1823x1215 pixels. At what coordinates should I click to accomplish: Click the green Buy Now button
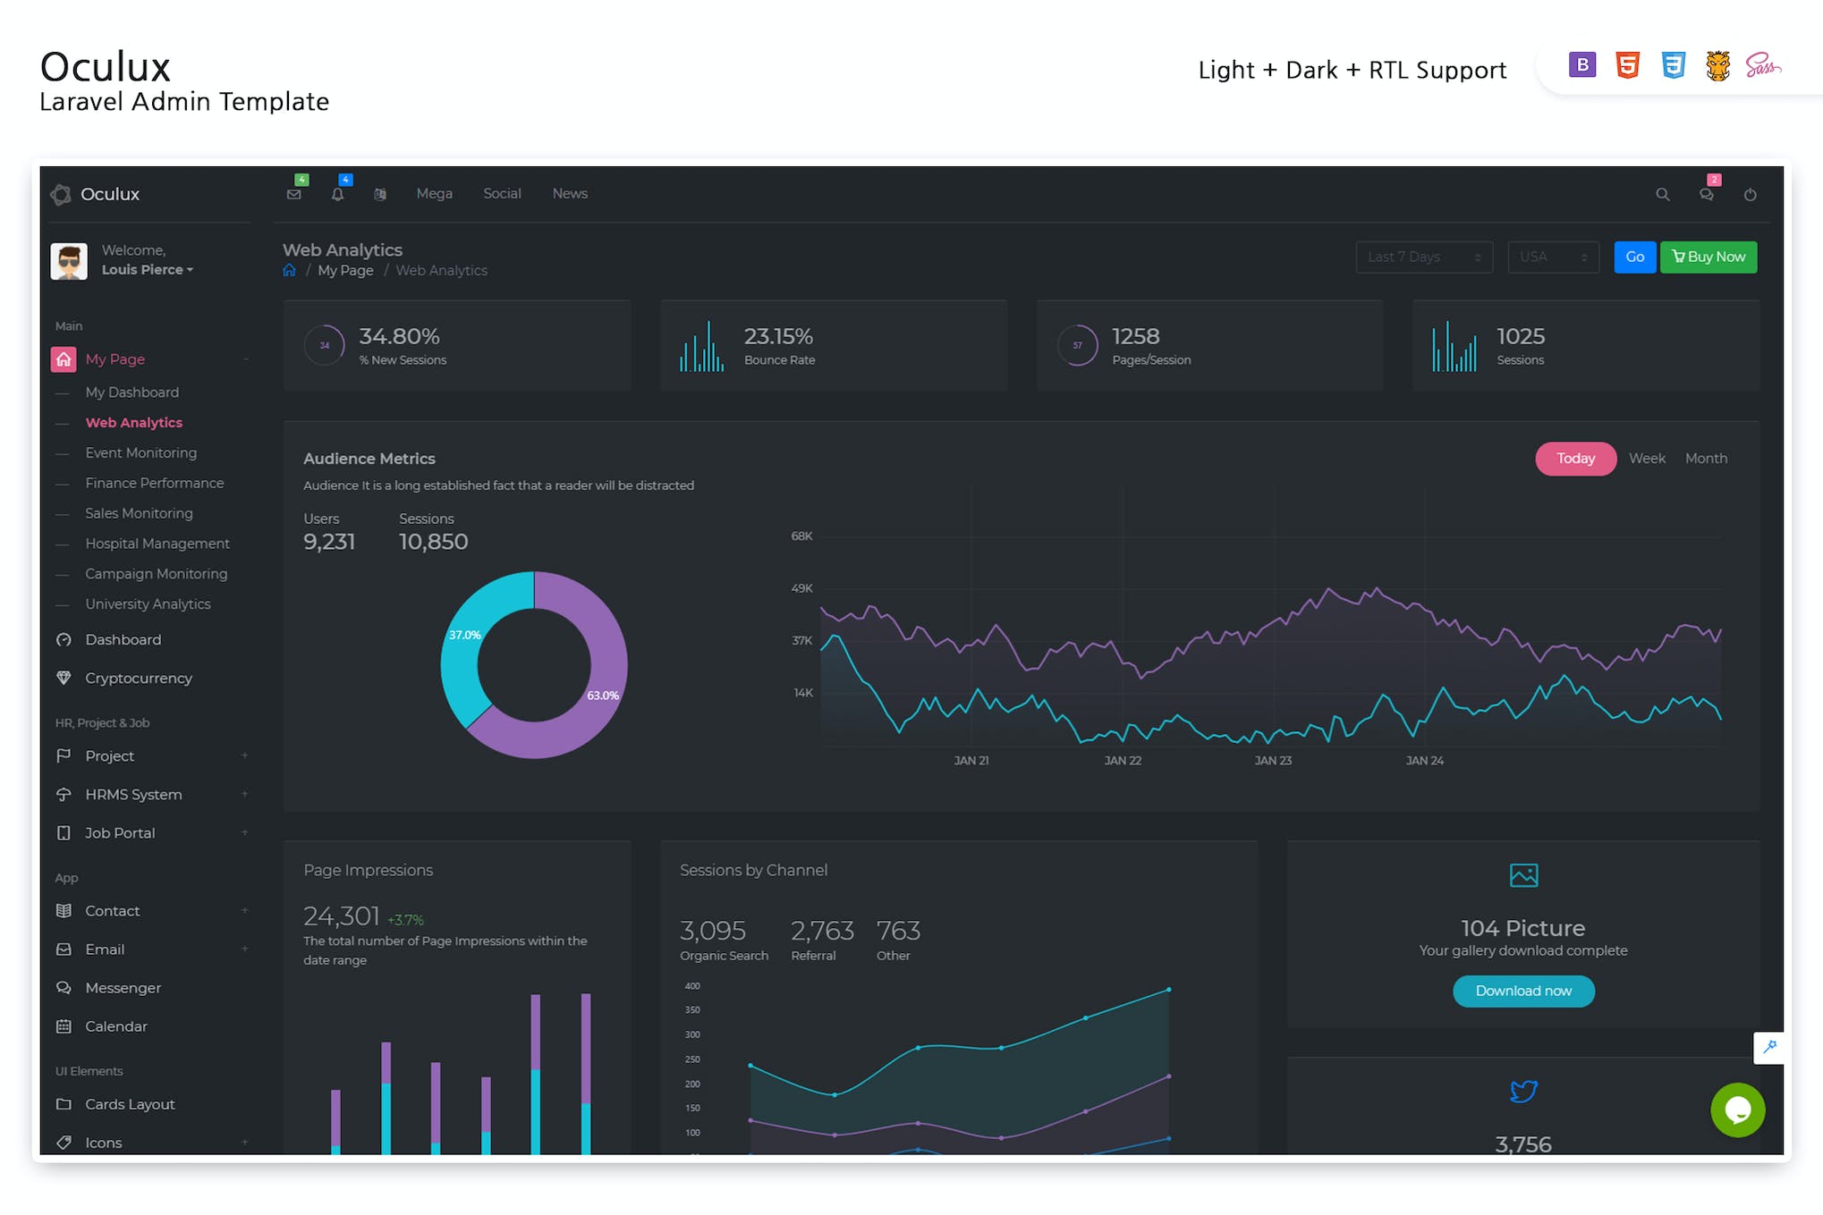(x=1708, y=257)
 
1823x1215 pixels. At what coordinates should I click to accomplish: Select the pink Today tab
(x=1574, y=459)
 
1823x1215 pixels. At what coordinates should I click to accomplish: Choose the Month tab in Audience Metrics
(x=1705, y=459)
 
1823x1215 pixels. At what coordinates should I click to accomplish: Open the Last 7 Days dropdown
(x=1423, y=257)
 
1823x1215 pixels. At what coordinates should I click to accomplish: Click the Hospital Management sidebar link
(x=157, y=544)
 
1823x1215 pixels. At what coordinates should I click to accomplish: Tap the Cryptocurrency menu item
(x=138, y=678)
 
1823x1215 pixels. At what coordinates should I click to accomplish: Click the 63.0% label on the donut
(x=602, y=696)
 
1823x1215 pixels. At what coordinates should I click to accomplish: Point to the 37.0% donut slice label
(x=464, y=635)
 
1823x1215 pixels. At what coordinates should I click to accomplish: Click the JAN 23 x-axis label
(x=1272, y=761)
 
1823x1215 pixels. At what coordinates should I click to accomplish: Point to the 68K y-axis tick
(x=801, y=536)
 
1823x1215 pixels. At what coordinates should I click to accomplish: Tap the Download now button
(x=1522, y=991)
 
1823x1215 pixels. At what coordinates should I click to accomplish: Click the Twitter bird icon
(x=1522, y=1091)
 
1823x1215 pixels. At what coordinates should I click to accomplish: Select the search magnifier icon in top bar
(x=1662, y=194)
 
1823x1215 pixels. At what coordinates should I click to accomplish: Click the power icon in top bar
(x=1750, y=194)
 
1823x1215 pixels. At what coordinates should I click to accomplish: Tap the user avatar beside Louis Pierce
(x=69, y=260)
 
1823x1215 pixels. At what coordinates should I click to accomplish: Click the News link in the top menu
(x=569, y=193)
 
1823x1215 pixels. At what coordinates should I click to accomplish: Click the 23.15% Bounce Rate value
(x=777, y=336)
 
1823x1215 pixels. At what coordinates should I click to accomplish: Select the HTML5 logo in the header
(x=1627, y=65)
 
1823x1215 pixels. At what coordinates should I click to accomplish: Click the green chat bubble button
(x=1736, y=1110)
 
